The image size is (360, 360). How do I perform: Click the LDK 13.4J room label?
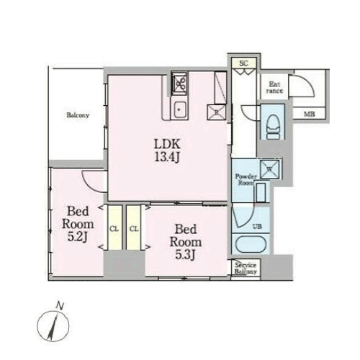(167, 150)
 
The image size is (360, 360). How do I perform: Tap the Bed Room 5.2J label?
(78, 224)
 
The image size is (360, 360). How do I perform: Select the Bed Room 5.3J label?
(186, 242)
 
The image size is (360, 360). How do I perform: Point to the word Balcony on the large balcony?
(78, 115)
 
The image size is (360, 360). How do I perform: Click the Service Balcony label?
(246, 269)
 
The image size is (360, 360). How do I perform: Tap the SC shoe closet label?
(243, 63)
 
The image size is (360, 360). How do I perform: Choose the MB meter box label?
(310, 114)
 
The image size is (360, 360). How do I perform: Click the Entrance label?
(274, 87)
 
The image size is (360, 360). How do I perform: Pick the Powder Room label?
(245, 179)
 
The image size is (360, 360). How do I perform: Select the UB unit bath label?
(257, 226)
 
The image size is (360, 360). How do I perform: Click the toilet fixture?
(273, 127)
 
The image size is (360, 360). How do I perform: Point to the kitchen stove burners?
(179, 83)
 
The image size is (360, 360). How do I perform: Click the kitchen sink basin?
(179, 110)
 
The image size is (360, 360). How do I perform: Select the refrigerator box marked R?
(217, 112)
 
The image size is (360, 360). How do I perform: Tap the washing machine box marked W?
(269, 168)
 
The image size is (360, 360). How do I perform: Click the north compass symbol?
(53, 325)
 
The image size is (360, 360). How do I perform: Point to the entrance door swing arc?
(310, 84)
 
